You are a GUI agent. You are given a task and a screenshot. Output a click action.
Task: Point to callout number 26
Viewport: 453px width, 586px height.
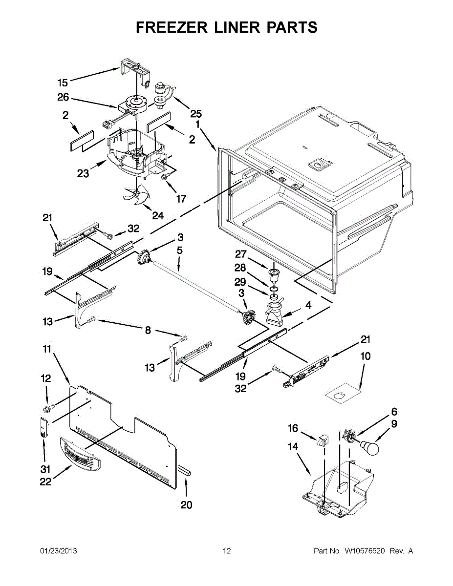pyautogui.click(x=64, y=97)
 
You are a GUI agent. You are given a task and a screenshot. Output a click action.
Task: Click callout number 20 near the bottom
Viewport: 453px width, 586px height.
pyautogui.click(x=187, y=505)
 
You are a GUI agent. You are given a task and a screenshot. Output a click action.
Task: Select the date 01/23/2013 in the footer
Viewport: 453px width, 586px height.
pyautogui.click(x=58, y=551)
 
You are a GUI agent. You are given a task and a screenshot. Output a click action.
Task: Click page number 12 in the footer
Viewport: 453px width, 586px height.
pyautogui.click(x=226, y=551)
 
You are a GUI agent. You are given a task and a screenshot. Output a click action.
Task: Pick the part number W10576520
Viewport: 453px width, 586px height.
pyautogui.click(x=365, y=551)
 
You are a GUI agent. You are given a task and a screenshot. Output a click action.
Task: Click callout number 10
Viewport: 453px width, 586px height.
pyautogui.click(x=365, y=356)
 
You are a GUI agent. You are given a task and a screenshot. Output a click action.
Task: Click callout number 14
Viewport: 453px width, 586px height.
pyautogui.click(x=292, y=446)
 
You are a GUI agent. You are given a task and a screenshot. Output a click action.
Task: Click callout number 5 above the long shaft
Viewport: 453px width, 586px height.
pyautogui.click(x=180, y=251)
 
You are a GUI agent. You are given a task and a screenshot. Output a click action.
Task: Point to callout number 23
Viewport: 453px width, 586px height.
pyautogui.click(x=83, y=173)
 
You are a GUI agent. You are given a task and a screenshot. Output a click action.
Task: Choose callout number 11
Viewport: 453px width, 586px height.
pyautogui.click(x=47, y=349)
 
